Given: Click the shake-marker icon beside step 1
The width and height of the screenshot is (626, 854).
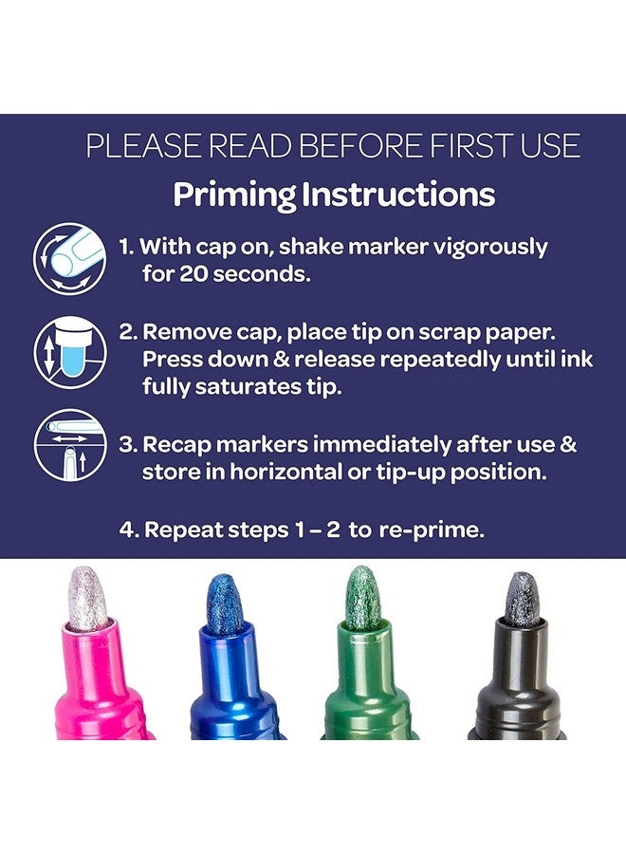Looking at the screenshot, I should point(69,257).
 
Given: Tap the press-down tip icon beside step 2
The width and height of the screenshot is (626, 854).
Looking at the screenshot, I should point(69,350).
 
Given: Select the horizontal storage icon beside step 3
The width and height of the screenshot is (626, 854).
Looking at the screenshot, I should point(69,443).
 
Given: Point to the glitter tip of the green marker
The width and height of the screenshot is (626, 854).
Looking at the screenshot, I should point(362,599).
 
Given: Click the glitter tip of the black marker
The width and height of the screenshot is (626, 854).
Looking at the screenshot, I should point(521,600).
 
